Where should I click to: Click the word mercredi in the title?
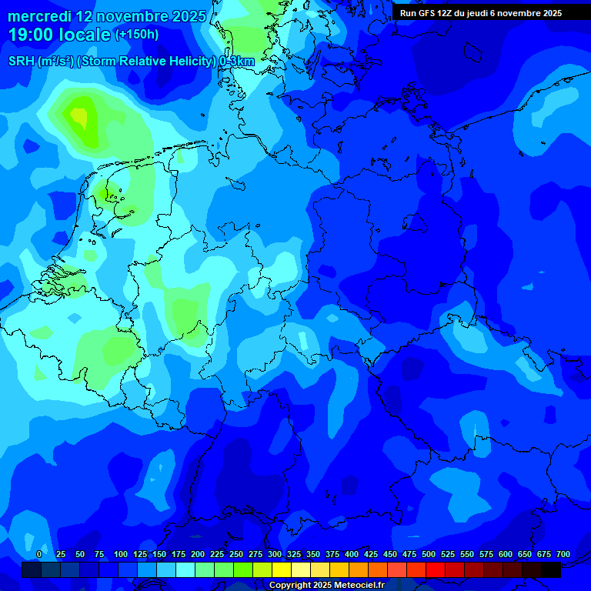38,16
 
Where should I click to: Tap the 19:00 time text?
30,35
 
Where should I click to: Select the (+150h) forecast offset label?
137,35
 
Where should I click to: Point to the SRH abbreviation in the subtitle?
22,62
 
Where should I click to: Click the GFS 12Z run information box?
481,13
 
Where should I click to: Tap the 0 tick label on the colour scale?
39,554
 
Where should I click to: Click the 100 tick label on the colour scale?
120,554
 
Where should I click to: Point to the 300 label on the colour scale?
274,554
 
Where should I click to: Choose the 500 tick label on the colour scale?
428,554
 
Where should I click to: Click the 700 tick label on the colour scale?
563,554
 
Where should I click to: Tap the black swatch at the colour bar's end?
551,569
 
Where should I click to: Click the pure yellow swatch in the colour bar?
282,569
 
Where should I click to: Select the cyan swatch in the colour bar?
185,569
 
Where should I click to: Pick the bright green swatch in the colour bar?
243,569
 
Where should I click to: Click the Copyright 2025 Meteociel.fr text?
327,586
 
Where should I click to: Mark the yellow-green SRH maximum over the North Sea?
78,117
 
